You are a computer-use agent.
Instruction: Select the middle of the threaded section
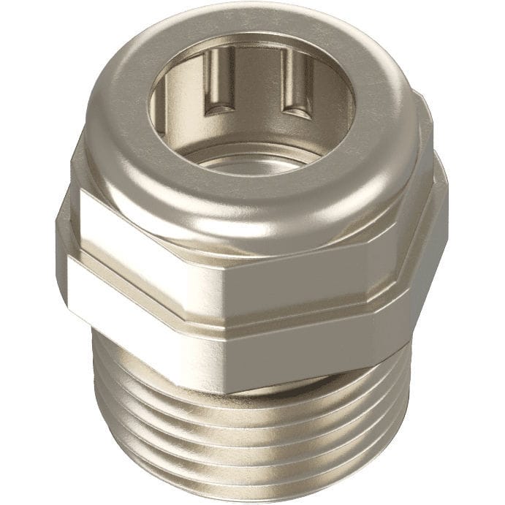248,438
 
